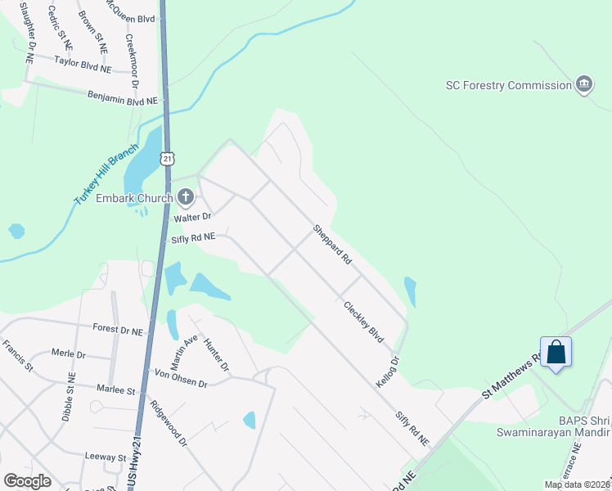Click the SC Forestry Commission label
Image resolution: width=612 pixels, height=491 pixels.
[x=508, y=85]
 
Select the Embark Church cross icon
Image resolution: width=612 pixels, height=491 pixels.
[x=186, y=196]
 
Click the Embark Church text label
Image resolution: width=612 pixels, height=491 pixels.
[x=133, y=197]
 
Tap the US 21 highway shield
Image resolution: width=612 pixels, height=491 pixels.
[x=166, y=157]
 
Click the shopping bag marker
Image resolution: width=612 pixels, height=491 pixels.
[x=556, y=353]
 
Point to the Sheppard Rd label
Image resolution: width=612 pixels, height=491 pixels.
[x=331, y=244]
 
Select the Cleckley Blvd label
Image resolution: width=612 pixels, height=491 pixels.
[x=363, y=322]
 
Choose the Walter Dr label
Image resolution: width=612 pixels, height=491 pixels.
[x=191, y=218]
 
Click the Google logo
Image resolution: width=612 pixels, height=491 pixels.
[x=27, y=481]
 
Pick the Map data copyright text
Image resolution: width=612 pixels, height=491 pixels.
[x=576, y=484]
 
